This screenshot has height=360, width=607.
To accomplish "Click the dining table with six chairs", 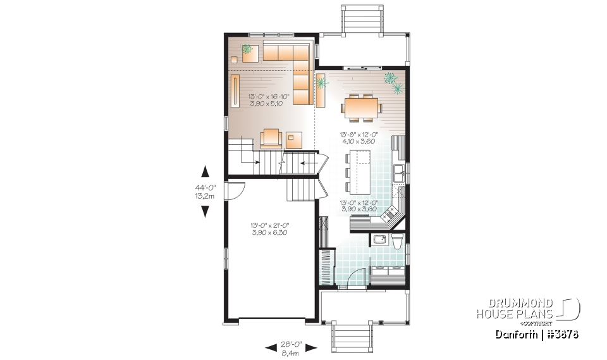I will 361,107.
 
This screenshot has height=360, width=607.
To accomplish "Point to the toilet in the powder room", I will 397,242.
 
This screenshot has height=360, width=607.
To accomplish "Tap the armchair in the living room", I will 271,137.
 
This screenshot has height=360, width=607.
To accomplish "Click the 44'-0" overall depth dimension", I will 205,191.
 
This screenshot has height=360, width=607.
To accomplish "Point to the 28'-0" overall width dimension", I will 291,345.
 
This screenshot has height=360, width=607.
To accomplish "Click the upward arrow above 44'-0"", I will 205,171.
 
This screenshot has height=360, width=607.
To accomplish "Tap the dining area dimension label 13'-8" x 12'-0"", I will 357,138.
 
